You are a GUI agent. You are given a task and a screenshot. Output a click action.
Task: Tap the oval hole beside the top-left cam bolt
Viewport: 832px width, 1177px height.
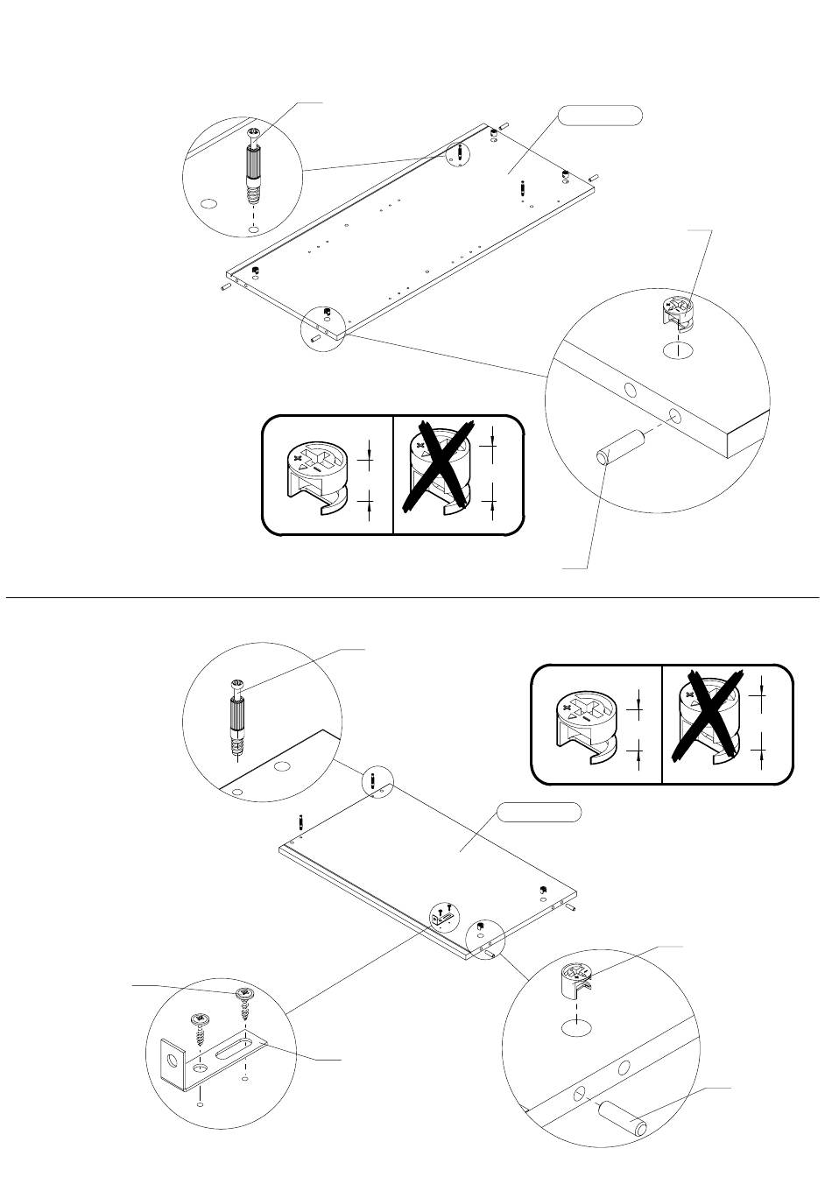tap(208, 203)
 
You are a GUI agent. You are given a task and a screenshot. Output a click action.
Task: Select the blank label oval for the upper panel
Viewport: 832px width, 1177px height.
tap(600, 115)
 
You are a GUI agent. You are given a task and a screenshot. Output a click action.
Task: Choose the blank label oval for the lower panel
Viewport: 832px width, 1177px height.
tap(539, 813)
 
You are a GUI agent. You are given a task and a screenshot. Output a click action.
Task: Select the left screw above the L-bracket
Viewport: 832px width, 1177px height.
tap(202, 1031)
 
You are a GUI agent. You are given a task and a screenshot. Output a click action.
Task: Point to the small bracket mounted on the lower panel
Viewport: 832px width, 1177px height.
tap(443, 916)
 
